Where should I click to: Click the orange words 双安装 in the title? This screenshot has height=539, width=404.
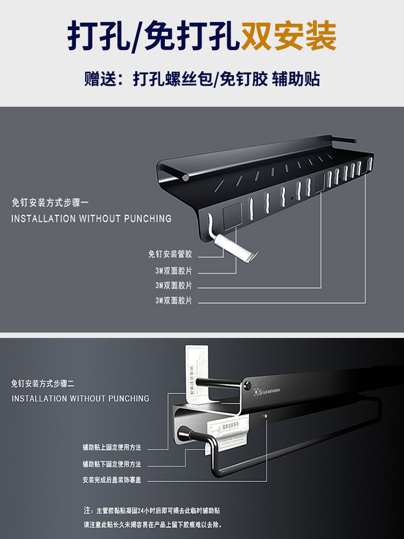pyautogui.click(x=289, y=37)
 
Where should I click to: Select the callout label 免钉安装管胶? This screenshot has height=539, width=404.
pyautogui.click(x=170, y=254)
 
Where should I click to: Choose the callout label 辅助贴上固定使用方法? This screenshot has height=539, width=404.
pyautogui.click(x=112, y=447)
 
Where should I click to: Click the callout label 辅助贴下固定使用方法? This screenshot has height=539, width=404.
pyautogui.click(x=112, y=464)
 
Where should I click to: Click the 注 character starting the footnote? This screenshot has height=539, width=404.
pyautogui.click(x=86, y=509)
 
